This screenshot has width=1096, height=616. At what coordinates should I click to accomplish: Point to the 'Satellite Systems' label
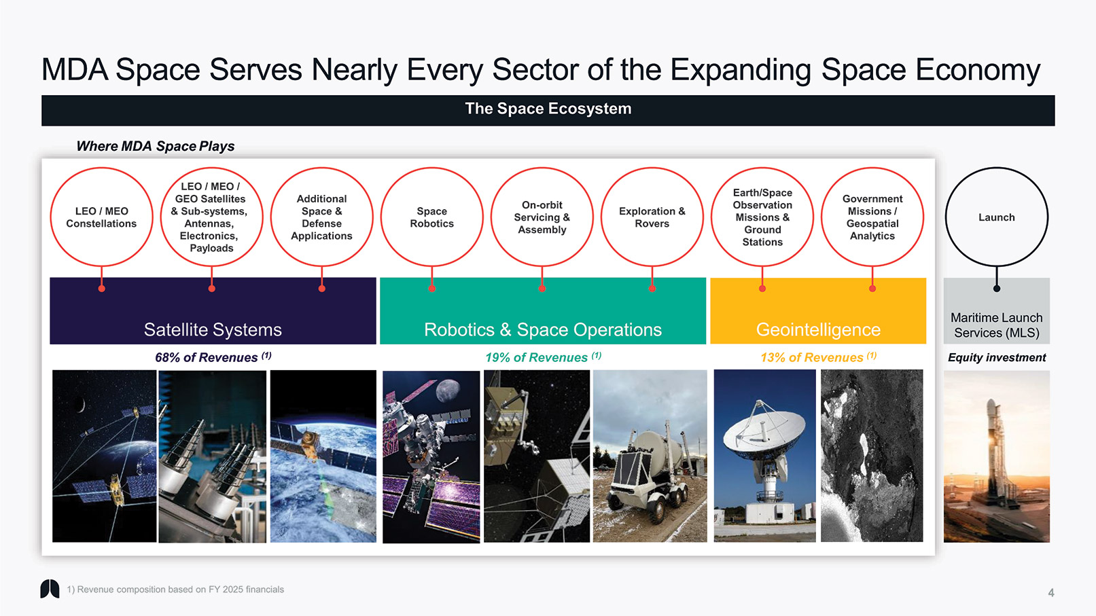(x=213, y=329)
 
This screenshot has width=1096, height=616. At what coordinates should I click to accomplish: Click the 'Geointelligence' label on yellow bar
(x=818, y=329)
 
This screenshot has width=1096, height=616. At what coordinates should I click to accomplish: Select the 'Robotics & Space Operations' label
(x=543, y=329)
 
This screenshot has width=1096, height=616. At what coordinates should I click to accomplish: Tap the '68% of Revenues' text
(x=206, y=357)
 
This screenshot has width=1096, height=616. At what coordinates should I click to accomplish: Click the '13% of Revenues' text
(x=812, y=357)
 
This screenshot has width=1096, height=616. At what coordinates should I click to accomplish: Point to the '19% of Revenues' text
(x=536, y=357)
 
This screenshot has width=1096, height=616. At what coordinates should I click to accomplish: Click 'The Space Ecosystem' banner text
(x=548, y=109)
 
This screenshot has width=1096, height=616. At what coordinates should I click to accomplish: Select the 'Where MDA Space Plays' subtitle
(x=155, y=146)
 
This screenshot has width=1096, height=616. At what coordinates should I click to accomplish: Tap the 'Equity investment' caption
(x=997, y=357)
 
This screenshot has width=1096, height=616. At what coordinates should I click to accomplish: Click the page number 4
(x=1051, y=593)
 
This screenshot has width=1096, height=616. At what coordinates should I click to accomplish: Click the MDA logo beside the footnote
(x=50, y=589)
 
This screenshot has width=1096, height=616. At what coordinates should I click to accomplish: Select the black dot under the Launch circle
(x=997, y=289)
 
